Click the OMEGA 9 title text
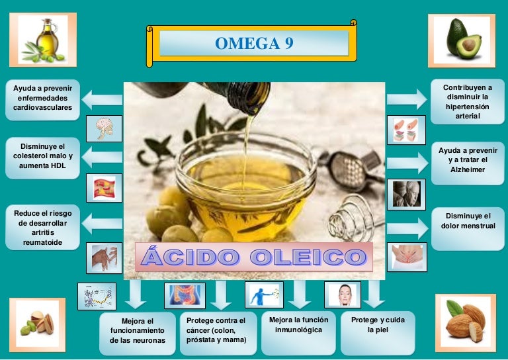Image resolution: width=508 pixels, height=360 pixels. pyautogui.click(x=254, y=43)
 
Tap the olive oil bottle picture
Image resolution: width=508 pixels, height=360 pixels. pyautogui.click(x=43, y=40)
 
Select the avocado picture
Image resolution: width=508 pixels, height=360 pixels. pyautogui.click(x=462, y=41)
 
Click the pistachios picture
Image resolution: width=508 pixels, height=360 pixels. pyautogui.click(x=37, y=325)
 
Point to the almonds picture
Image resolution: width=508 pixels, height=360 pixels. pyautogui.click(x=466, y=323)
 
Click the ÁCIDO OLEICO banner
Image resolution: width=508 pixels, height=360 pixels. pyautogui.click(x=254, y=257)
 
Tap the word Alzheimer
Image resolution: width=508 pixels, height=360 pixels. pyautogui.click(x=468, y=169)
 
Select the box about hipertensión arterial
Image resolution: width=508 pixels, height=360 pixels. pyautogui.click(x=468, y=102)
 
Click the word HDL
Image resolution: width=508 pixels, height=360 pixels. pyautogui.click(x=58, y=165)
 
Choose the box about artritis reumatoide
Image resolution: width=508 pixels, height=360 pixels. pyautogui.click(x=42, y=228)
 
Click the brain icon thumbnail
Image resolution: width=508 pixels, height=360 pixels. pyautogui.click(x=104, y=128)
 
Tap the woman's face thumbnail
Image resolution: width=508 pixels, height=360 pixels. pyautogui.click(x=343, y=295)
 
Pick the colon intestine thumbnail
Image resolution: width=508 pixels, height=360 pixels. pyautogui.click(x=185, y=296)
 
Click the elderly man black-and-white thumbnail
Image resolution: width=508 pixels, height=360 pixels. pyautogui.click(x=406, y=195)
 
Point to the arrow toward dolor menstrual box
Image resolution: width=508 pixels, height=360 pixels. pyautogui.click(x=407, y=228)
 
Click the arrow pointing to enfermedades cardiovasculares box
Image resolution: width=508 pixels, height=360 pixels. pyautogui.click(x=102, y=100)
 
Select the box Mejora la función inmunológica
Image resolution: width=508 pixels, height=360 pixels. pyautogui.click(x=298, y=333)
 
